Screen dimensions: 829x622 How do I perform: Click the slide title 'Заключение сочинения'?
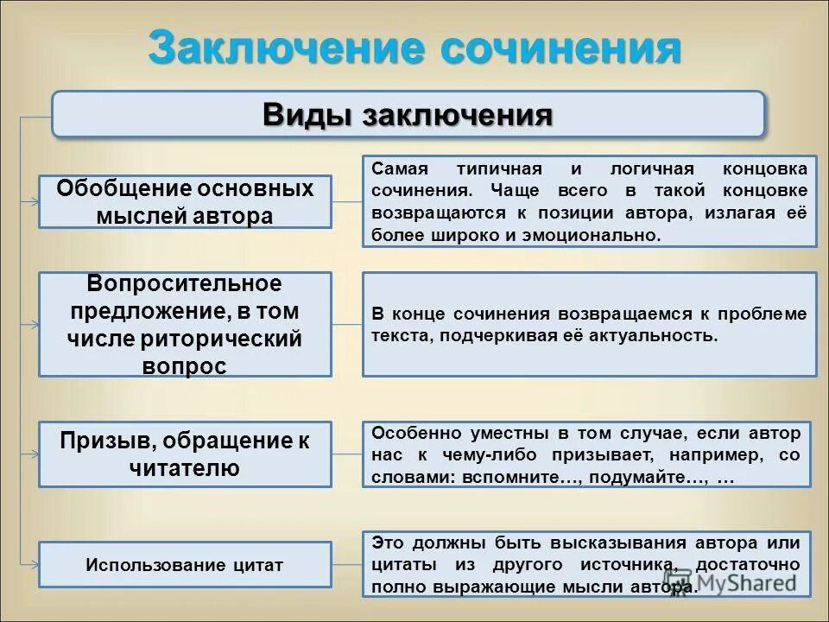pos(414,48)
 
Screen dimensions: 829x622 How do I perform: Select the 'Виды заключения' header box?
pos(408,114)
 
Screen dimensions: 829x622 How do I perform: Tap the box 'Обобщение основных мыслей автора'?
pos(185,201)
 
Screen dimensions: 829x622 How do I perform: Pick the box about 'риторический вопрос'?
pos(185,324)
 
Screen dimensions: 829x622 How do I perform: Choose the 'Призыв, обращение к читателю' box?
pos(185,454)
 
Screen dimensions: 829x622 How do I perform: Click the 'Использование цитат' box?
pos(185,566)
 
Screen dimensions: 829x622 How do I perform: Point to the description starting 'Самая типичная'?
pos(589,200)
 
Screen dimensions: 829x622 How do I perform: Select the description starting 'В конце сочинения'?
pos(589,324)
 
